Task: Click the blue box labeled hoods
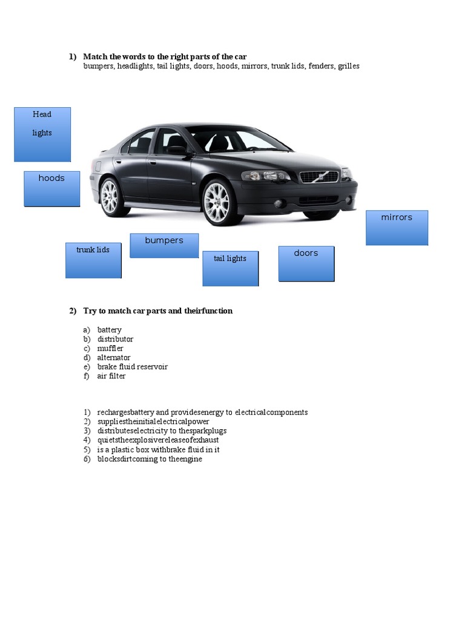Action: (x=52, y=189)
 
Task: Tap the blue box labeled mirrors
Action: (x=397, y=228)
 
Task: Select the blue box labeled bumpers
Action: (x=164, y=246)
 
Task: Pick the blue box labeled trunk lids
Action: (x=93, y=260)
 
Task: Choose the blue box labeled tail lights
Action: (x=230, y=268)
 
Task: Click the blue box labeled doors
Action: (x=306, y=263)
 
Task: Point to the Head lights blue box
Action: (x=42, y=134)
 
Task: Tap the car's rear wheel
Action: (x=110, y=196)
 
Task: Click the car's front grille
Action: (x=319, y=177)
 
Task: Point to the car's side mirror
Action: (x=177, y=150)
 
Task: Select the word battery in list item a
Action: (x=110, y=330)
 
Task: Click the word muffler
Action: (x=110, y=348)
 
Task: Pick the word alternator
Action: (x=114, y=357)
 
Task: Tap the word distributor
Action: (x=115, y=339)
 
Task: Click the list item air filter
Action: (x=111, y=376)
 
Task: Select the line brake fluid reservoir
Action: (x=133, y=367)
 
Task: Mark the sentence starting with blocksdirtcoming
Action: (x=150, y=459)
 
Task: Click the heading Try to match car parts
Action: (x=157, y=311)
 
